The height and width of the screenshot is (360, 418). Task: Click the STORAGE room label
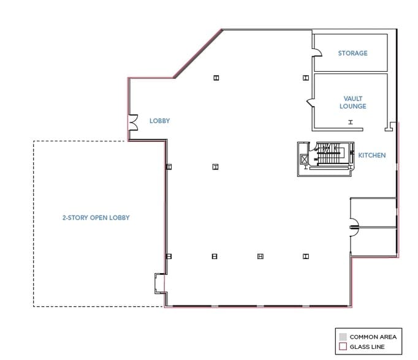pyautogui.click(x=352, y=53)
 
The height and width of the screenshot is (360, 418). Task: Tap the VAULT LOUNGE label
pyautogui.click(x=352, y=102)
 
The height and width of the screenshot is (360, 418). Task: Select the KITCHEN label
pyautogui.click(x=372, y=156)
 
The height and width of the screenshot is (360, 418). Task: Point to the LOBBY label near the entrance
pyautogui.click(x=159, y=121)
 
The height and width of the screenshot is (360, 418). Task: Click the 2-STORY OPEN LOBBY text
pyautogui.click(x=96, y=218)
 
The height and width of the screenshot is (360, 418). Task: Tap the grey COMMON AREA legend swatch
pyautogui.click(x=343, y=337)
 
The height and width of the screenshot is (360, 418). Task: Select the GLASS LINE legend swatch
pyautogui.click(x=343, y=347)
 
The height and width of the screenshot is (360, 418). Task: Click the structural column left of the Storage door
pyautogui.click(x=305, y=78)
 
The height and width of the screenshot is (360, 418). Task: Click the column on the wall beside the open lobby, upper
pyautogui.click(x=169, y=167)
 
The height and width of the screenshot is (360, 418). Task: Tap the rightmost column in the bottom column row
pyautogui.click(x=305, y=257)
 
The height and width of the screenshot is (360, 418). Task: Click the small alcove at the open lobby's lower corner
pyautogui.click(x=159, y=282)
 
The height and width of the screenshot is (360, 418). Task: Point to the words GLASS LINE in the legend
pyautogui.click(x=367, y=347)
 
